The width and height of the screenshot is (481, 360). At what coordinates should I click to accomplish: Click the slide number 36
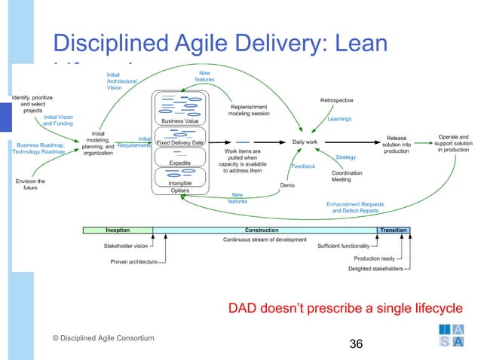[356, 344]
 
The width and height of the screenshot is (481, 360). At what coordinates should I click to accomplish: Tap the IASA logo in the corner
[453, 334]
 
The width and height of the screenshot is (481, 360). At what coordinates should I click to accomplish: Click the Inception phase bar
[118, 230]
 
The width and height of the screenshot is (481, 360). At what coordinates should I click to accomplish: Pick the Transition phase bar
[394, 230]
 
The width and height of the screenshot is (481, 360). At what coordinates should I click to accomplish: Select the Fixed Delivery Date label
[180, 142]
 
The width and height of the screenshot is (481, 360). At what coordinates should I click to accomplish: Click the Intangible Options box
[180, 185]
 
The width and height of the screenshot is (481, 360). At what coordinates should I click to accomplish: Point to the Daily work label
[305, 142]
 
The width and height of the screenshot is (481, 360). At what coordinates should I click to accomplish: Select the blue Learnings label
[339, 119]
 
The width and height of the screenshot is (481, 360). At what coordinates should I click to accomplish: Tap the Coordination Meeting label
[342, 176]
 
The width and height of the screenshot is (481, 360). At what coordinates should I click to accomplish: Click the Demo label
[286, 185]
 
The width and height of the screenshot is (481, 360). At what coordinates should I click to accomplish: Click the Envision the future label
[30, 185]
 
